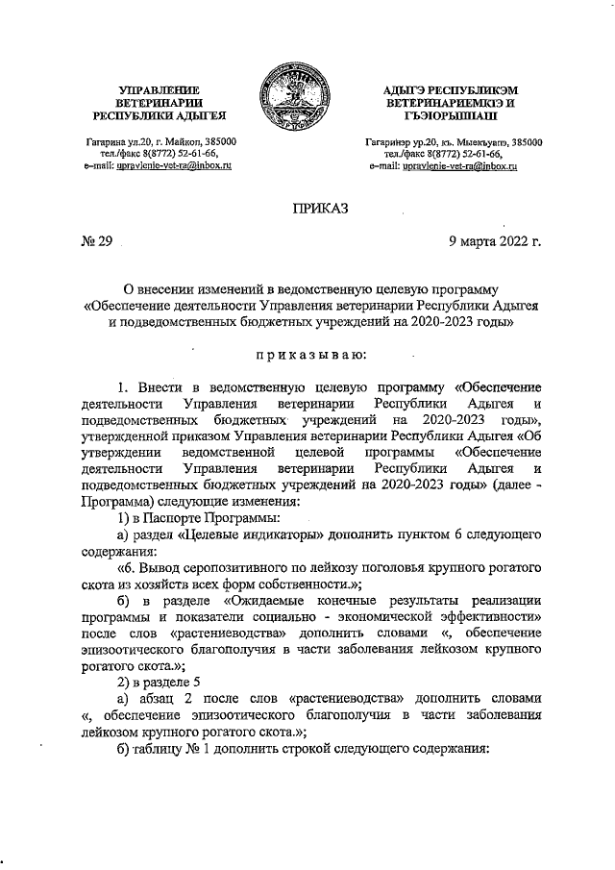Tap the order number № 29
(98, 240)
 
